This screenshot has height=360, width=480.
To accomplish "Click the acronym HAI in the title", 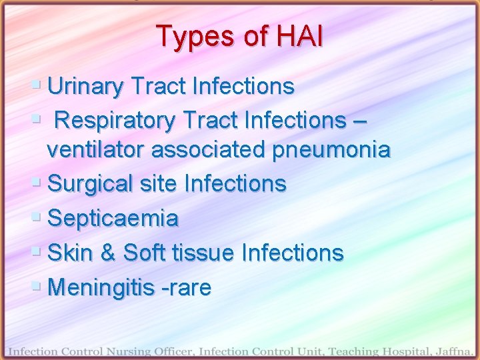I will pyautogui.click(x=295, y=37).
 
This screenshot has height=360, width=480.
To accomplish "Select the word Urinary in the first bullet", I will pyautogui.click(x=86, y=86).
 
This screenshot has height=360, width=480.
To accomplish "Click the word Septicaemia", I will pyautogui.click(x=113, y=218).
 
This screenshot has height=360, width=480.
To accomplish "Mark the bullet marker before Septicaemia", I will pyautogui.click(x=37, y=217).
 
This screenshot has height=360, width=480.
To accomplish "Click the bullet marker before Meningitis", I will pyautogui.click(x=37, y=287).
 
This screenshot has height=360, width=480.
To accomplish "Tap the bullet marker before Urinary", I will pyautogui.click(x=37, y=85).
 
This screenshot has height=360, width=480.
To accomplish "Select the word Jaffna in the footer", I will pyautogui.click(x=453, y=351).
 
